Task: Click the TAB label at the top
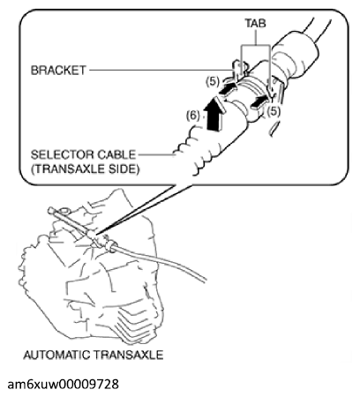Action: coord(256,23)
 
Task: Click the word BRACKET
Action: coord(58,71)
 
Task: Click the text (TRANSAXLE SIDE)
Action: coord(85,169)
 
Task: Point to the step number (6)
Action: coord(193,116)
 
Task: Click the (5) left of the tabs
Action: coord(212,81)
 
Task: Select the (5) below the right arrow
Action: coord(274,111)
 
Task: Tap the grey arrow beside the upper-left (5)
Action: coord(228,89)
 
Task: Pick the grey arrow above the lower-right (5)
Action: coord(259,101)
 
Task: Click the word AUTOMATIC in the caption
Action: coord(57,355)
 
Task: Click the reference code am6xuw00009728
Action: coord(64,385)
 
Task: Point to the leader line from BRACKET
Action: coord(161,71)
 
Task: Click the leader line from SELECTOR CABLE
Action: coord(157,154)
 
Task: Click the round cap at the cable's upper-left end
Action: coord(51,211)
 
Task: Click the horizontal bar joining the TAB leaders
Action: coord(256,45)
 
